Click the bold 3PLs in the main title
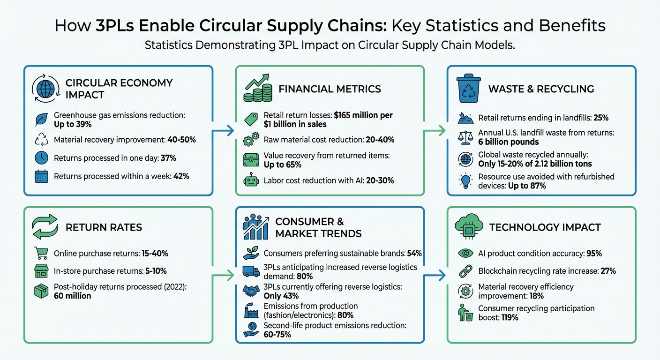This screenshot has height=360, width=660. pos(115,25)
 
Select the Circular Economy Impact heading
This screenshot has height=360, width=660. pos(119,89)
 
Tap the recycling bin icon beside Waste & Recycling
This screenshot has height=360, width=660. pos(468,89)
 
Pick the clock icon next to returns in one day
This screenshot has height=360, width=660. pos(42,158)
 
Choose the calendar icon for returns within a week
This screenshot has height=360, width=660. pos(42,177)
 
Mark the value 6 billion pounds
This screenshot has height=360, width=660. pos(509,142)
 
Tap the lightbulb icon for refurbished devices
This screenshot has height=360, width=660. pos(465,180)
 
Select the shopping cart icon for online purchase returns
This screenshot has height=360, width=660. pos(42,253)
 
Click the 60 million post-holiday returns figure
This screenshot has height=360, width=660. pos(73,296)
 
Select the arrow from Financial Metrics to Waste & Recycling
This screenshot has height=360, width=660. pos(436,131)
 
